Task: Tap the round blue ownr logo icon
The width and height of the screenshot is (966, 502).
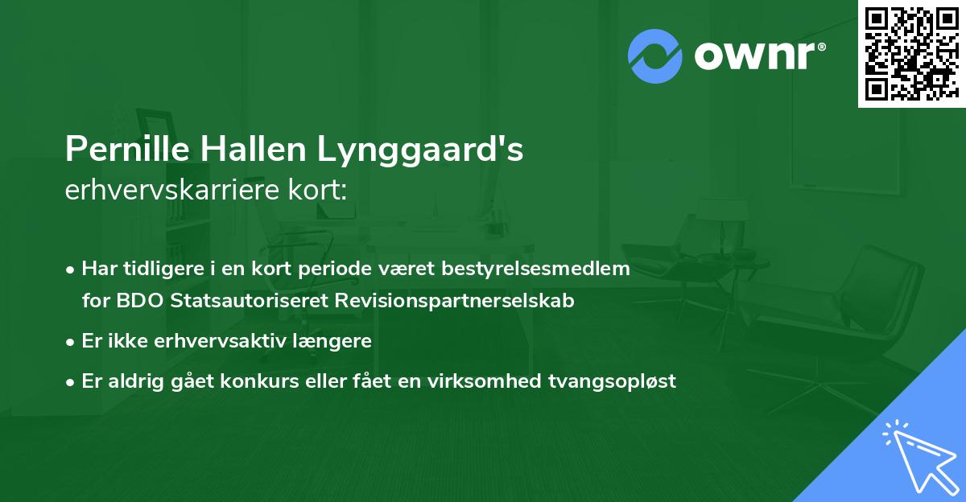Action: click(655, 56)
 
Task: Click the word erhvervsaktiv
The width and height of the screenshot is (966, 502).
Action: click(218, 340)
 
